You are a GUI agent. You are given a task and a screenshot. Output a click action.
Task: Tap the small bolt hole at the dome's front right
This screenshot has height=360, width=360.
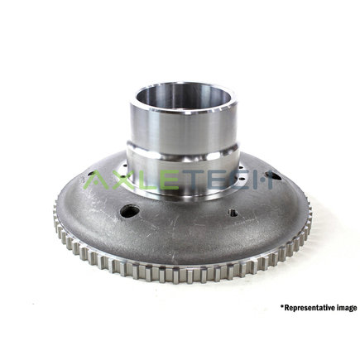pyautogui.click(x=233, y=213)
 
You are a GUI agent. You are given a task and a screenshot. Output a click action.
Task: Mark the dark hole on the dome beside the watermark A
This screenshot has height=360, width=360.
pyautogui.click(x=88, y=175)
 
